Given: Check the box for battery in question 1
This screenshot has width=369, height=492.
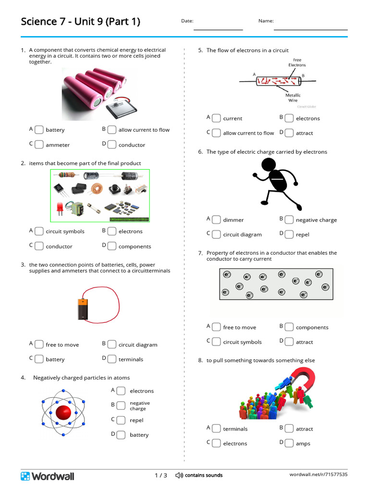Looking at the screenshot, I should tap(38, 130).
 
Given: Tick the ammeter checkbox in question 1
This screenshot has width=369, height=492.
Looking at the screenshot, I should tap(38, 145).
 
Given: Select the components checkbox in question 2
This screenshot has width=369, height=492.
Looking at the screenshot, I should tap(111, 246).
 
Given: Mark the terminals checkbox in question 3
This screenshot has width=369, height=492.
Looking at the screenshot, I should tap(111, 359).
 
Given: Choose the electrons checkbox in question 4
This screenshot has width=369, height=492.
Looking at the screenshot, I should tap(121, 391).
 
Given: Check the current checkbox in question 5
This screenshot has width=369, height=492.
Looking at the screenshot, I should tap(216, 118).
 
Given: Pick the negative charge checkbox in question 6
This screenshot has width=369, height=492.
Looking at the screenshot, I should tap(289, 220).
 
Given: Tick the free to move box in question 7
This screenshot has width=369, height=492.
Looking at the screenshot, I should tap(216, 327).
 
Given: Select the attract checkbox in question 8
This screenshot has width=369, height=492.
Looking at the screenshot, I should tap(289, 429).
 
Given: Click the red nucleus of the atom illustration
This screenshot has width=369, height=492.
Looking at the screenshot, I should tap(63, 412).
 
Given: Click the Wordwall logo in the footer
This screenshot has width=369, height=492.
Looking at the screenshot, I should tap(47, 476).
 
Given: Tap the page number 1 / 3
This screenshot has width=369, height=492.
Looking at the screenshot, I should tap(161, 475).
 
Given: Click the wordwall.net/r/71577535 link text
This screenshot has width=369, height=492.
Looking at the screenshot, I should tap(318, 475).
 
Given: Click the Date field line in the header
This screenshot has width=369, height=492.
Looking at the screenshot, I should tap(218, 29).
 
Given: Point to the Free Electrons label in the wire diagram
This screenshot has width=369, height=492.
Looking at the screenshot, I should tap(297, 62).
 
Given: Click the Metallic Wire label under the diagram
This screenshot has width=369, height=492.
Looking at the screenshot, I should tap(293, 98).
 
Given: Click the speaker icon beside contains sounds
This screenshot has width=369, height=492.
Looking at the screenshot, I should tap(179, 475).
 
